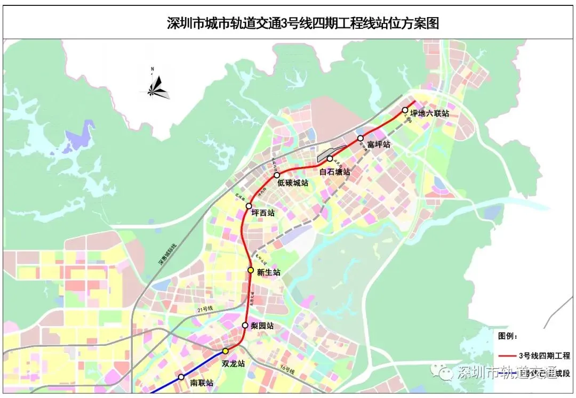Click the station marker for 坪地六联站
tap(405, 110)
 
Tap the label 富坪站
tap(379, 144)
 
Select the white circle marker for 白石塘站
tap(330, 158)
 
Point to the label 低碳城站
tap(293, 183)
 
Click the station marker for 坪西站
tap(249, 206)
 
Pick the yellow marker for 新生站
tap(250, 270)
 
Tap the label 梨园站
tap(262, 326)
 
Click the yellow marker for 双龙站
tap(226, 351)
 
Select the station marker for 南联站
tap(181, 377)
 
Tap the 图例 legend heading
tap(508, 336)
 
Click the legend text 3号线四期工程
tap(544, 356)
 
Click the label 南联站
tap(202, 383)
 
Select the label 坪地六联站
tap(429, 113)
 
